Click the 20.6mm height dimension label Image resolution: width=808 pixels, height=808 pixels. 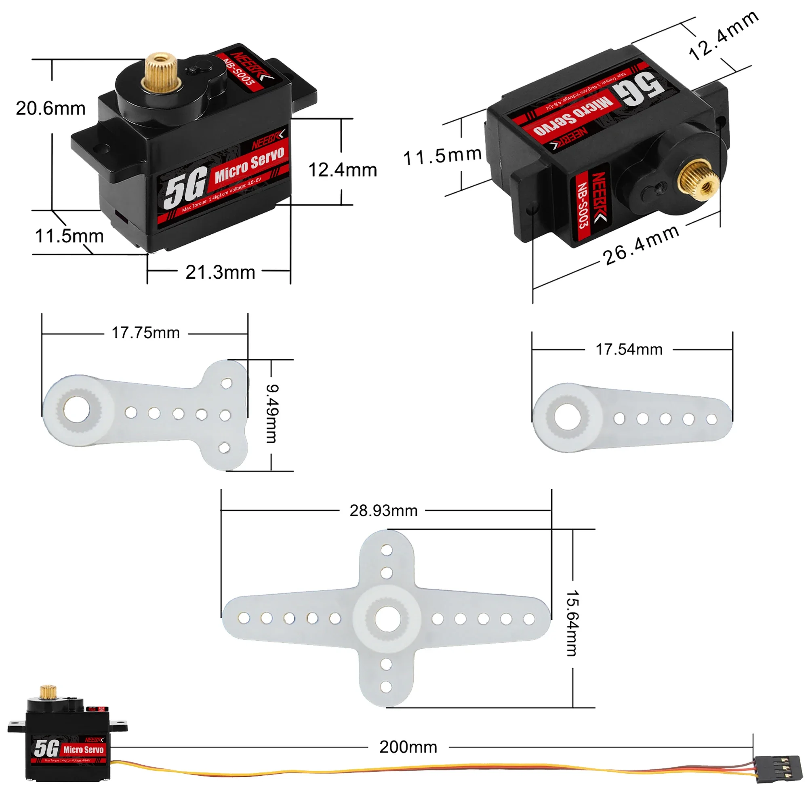50,109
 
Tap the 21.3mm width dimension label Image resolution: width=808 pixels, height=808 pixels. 221,273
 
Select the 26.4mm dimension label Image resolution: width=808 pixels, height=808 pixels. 640,246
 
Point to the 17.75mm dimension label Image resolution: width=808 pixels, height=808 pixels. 145,333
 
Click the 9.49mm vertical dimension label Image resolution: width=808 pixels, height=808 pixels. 272,414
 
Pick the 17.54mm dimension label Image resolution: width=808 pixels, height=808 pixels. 629,349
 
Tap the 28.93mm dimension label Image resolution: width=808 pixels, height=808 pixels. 383,511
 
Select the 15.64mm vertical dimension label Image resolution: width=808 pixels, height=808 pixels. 572,623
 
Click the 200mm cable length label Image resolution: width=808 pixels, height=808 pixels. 408,747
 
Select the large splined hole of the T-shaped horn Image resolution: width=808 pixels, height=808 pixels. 76,408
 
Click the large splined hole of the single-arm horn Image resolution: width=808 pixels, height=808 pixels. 567,417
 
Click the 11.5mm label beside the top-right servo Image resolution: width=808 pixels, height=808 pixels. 442,156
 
